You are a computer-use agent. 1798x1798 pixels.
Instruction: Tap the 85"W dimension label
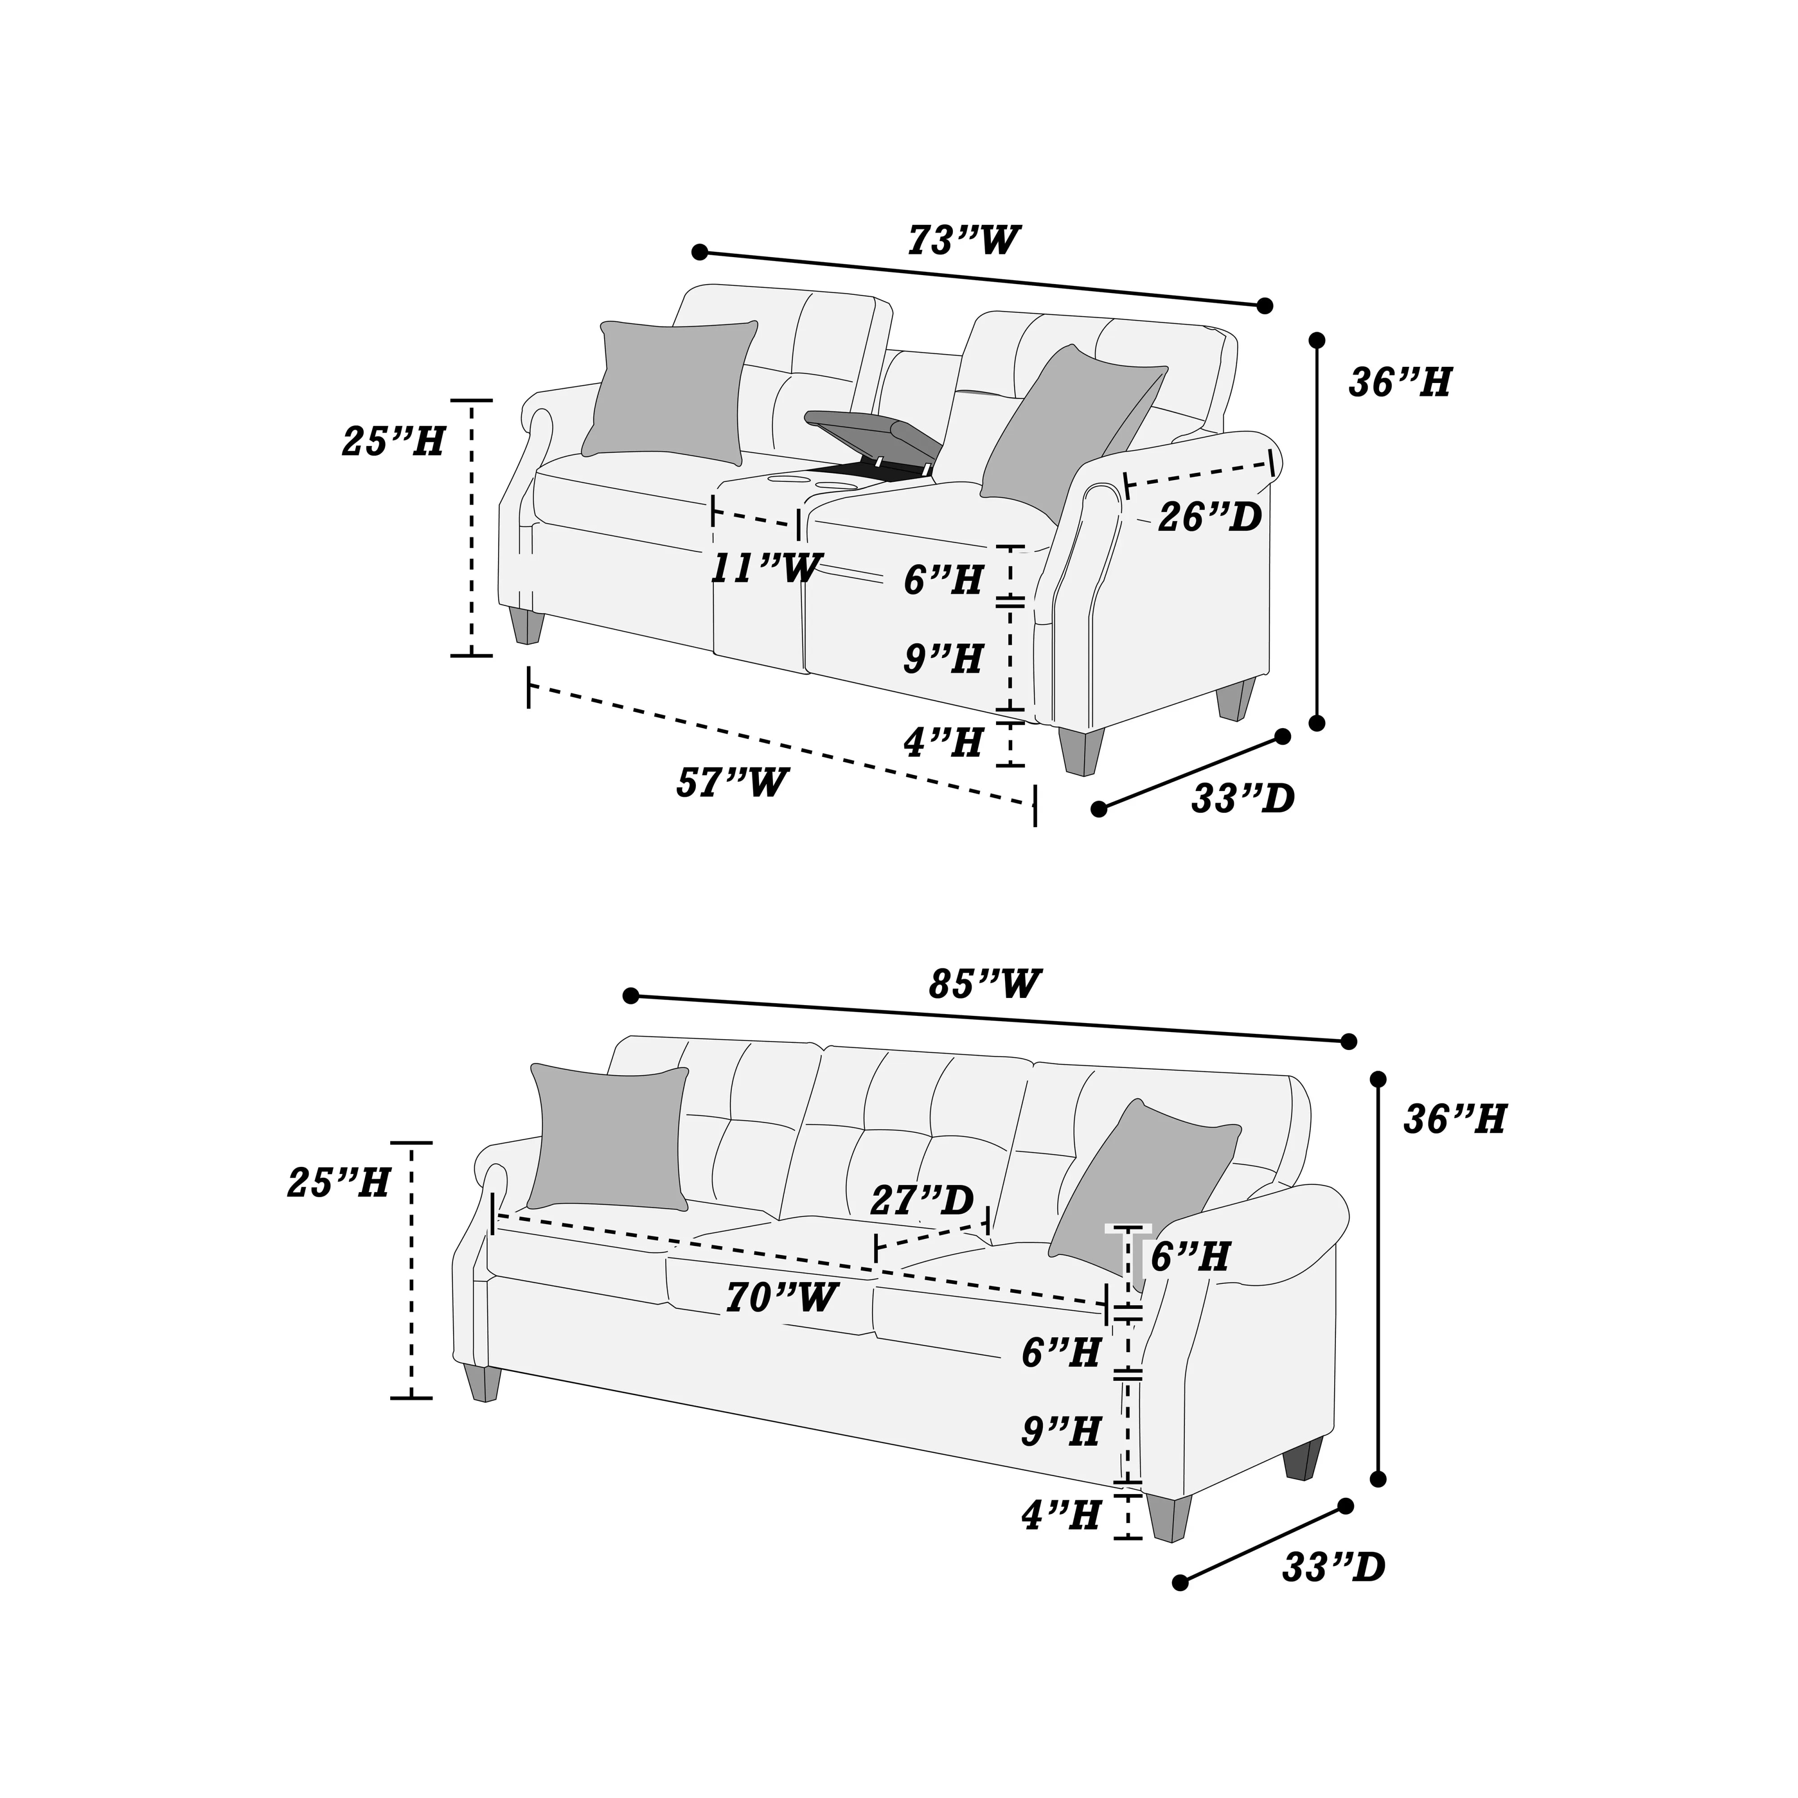click(x=984, y=984)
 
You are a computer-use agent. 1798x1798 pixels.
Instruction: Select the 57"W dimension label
click(x=732, y=783)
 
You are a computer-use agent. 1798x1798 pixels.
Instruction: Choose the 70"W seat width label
click(x=782, y=1297)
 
